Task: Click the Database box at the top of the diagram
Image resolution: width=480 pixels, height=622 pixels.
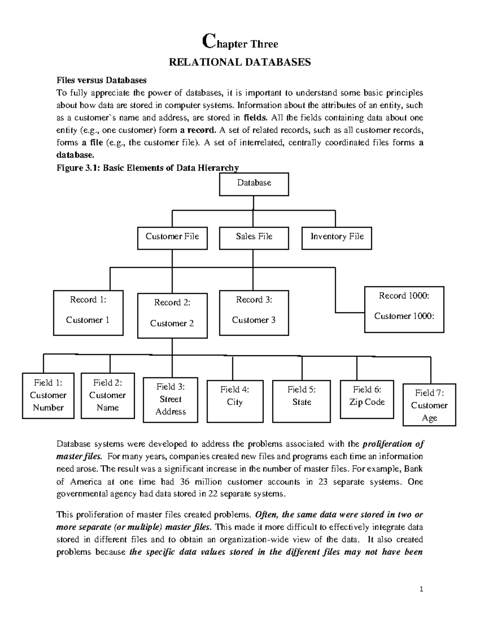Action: [x=254, y=184]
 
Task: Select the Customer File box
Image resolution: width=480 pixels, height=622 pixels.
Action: [x=172, y=238]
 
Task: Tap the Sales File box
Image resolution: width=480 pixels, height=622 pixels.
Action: [x=254, y=238]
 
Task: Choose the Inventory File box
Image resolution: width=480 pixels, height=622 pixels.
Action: [x=337, y=238]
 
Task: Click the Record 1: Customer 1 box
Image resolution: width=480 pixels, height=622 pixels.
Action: [x=88, y=312]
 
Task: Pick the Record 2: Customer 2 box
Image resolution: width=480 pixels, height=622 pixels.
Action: [x=172, y=316]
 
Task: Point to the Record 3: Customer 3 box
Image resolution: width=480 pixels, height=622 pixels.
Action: [x=254, y=312]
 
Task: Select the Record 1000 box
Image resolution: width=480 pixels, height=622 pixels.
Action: [x=404, y=309]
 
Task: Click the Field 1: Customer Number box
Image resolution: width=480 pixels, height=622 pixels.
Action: [x=48, y=395]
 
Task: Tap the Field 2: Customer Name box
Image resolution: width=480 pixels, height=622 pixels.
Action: [x=107, y=395]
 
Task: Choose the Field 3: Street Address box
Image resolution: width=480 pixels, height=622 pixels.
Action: [x=170, y=400]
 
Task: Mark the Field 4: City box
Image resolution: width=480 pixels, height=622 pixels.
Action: [x=235, y=401]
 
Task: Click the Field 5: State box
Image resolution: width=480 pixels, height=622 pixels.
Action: [x=302, y=401]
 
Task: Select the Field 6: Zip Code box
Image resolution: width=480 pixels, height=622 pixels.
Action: [x=367, y=399]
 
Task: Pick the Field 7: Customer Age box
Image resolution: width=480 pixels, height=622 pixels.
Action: [x=429, y=405]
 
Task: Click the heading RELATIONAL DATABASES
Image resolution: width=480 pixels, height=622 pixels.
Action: [x=240, y=62]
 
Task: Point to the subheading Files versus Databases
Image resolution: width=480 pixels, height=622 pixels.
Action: [x=101, y=80]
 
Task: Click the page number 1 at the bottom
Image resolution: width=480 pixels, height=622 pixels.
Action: [x=421, y=589]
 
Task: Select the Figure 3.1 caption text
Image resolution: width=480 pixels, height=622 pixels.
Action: [x=148, y=168]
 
